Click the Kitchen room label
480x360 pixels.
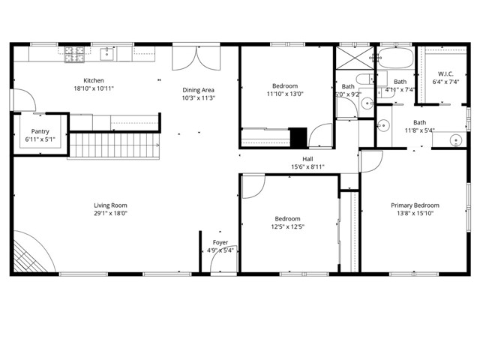pos(94,80)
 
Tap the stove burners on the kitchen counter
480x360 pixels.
pos(74,53)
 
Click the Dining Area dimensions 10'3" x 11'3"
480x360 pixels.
pos(198,97)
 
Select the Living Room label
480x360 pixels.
pos(110,205)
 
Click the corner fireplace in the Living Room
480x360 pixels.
pos(30,255)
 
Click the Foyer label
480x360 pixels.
pos(220,242)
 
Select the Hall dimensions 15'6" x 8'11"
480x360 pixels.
pos(307,166)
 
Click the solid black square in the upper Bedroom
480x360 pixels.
pos(298,138)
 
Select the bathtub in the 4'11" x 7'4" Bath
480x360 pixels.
pos(395,59)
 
